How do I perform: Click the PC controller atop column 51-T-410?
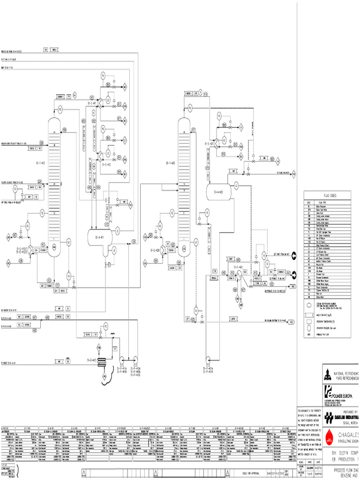(x=60, y=109)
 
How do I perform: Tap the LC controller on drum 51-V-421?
(x=236, y=186)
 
